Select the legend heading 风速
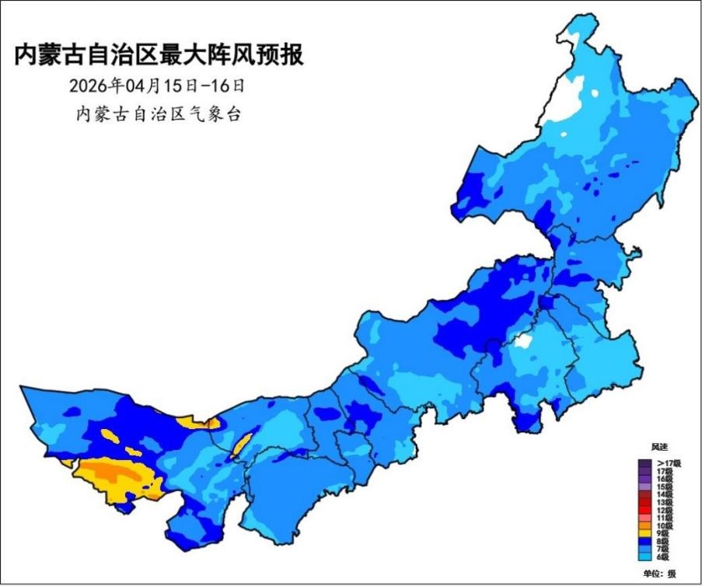click(x=659, y=448)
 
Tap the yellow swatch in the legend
click(x=645, y=532)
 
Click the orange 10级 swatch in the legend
click(x=645, y=525)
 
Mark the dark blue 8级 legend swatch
click(x=645, y=541)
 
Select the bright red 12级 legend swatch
click(x=645, y=509)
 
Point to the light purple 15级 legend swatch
click(x=645, y=487)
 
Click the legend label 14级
click(x=665, y=494)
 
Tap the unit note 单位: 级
click(x=659, y=574)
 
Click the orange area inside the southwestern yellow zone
click(x=113, y=472)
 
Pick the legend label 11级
click(x=665, y=517)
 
